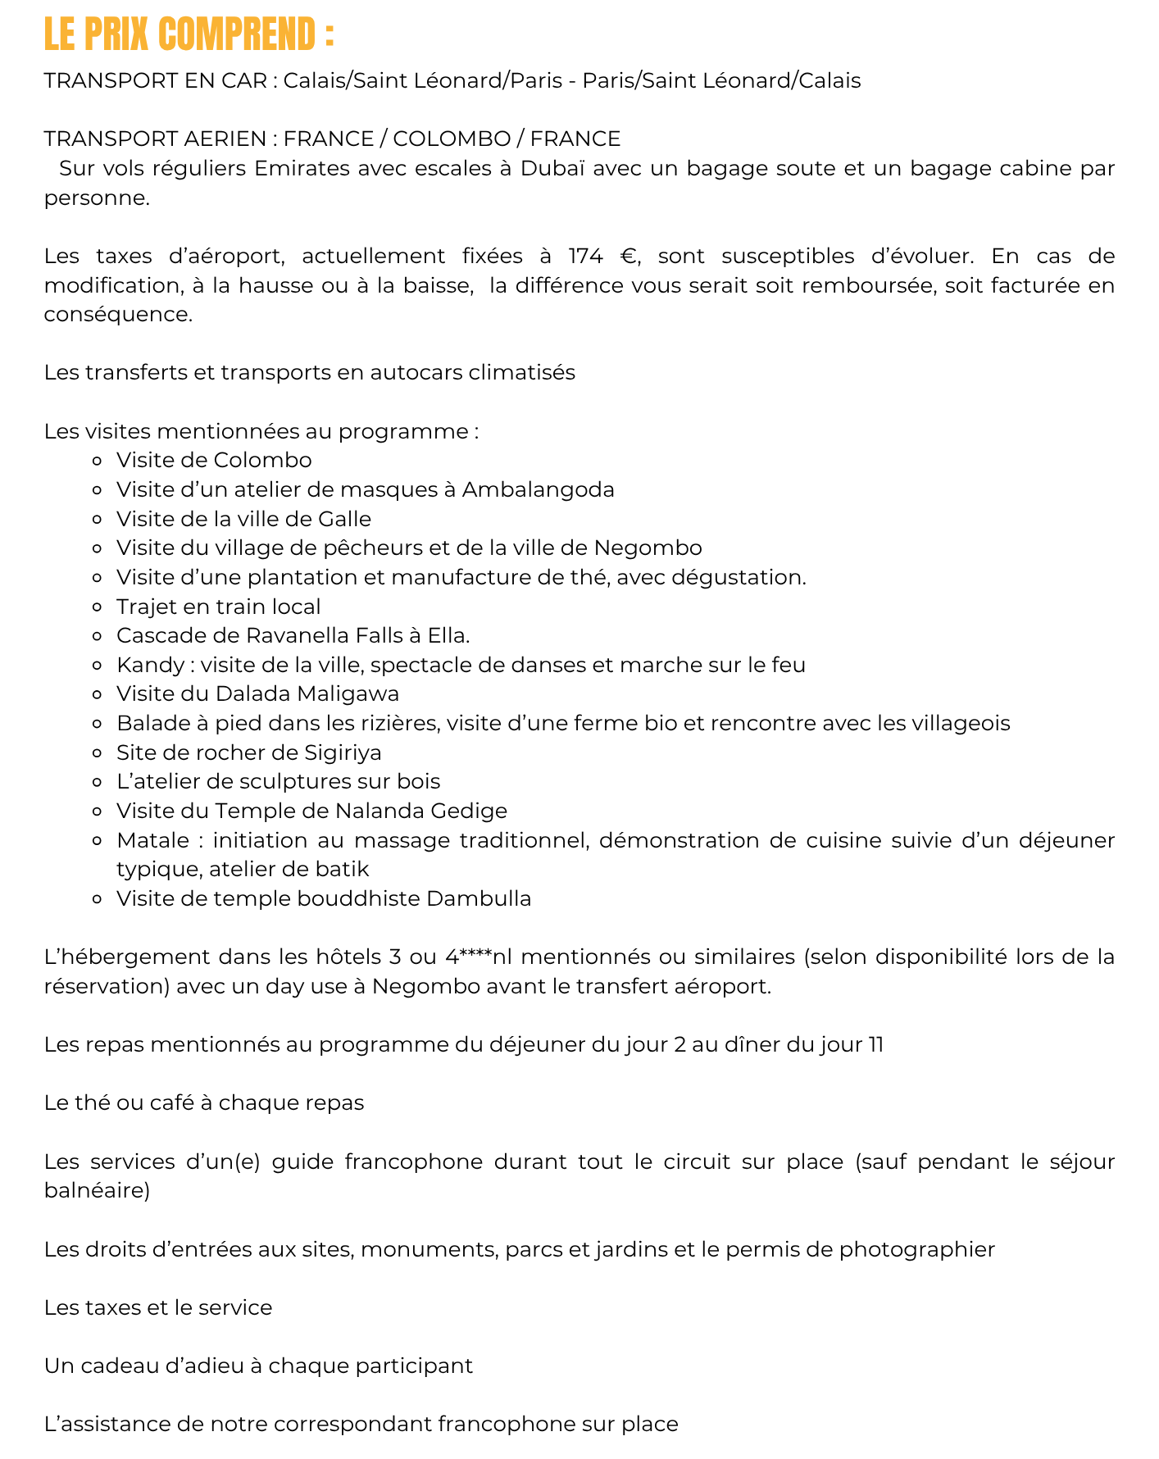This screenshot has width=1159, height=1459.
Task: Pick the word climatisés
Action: pos(521,372)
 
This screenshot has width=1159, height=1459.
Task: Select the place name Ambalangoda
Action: pos(538,489)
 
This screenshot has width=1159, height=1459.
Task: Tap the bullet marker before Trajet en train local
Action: pos(97,607)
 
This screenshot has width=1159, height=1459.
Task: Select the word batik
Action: pos(344,869)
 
